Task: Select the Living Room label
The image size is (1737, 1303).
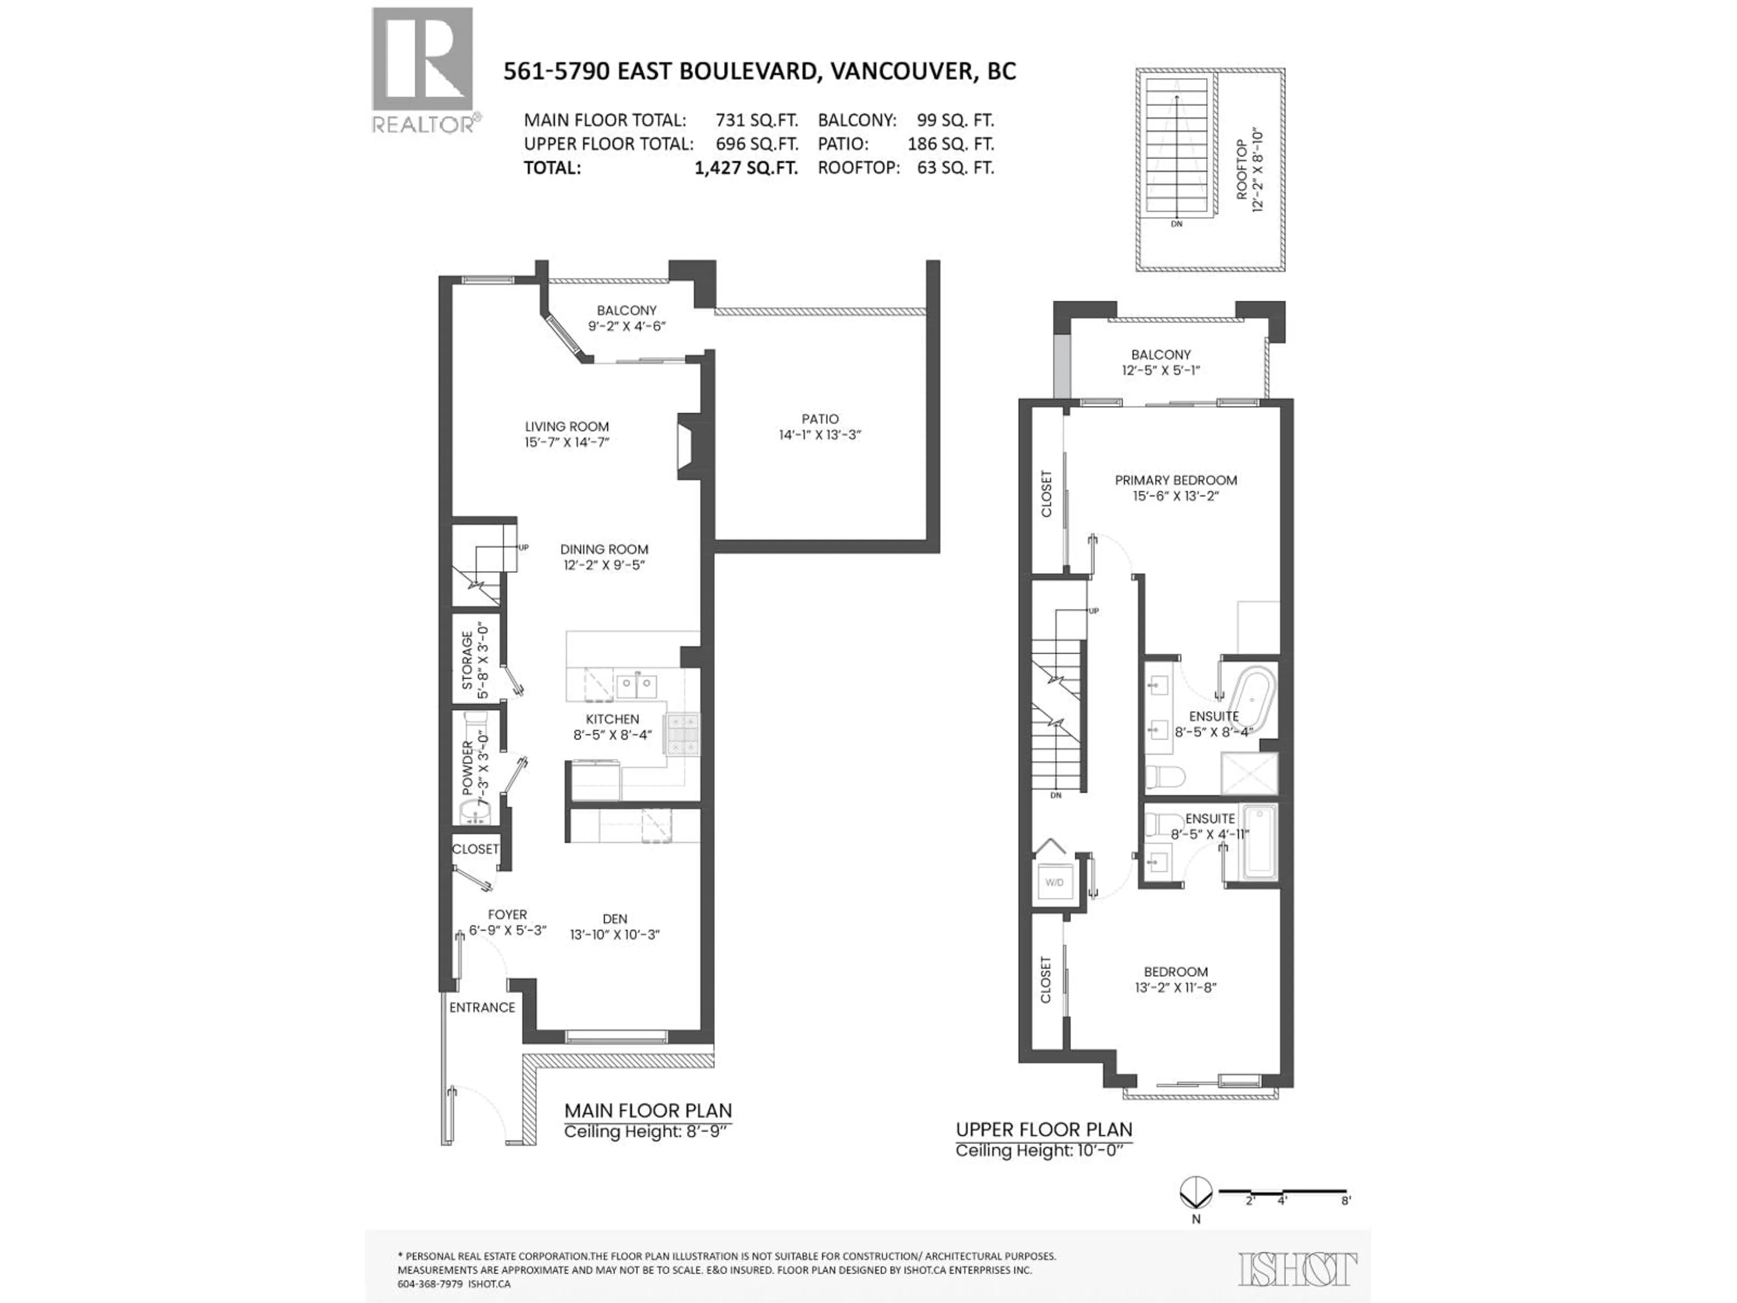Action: coord(566,427)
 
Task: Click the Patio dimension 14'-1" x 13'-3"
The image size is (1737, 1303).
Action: coord(820,434)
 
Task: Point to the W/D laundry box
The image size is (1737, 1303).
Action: coord(1054,882)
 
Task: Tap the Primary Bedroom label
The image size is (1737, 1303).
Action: coord(1176,480)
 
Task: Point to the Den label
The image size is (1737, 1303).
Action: coord(614,918)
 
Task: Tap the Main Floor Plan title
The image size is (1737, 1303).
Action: coord(648,1111)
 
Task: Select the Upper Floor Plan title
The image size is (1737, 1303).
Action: coord(1044,1129)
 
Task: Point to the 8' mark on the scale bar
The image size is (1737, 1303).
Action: coord(1345,1201)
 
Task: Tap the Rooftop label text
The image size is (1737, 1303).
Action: coord(1242,171)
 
